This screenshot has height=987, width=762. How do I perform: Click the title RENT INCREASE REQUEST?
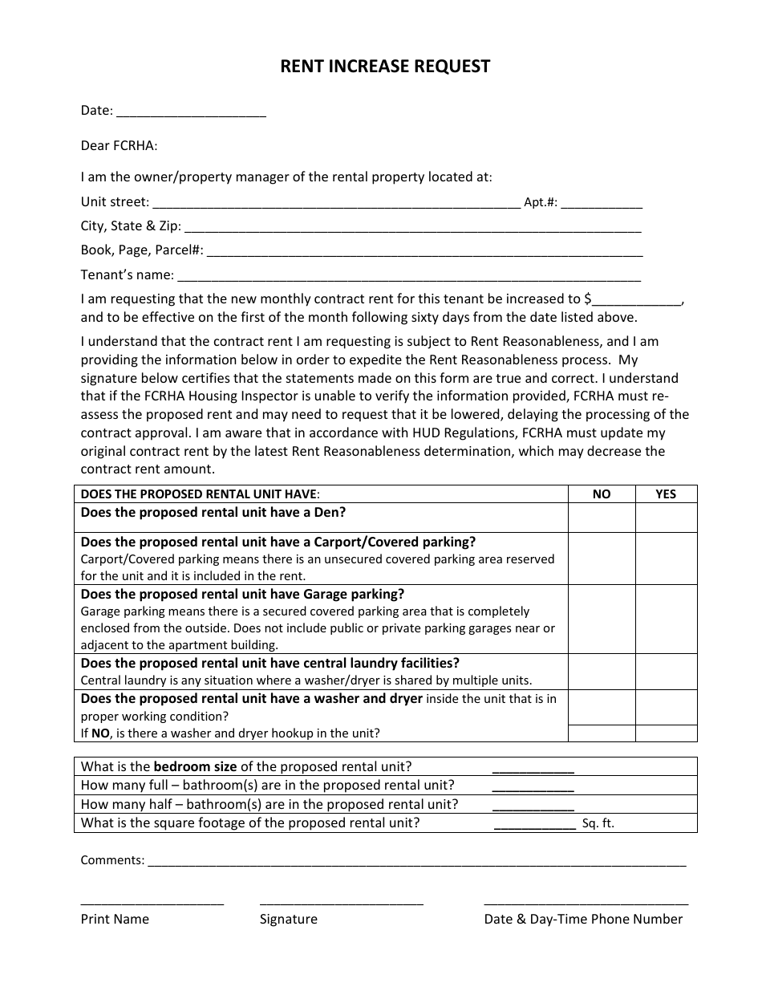point(385,67)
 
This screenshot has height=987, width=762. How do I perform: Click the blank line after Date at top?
point(191,112)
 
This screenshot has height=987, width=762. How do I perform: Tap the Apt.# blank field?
point(602,203)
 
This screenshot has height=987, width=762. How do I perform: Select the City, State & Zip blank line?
point(412,227)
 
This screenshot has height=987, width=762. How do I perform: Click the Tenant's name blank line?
point(408,276)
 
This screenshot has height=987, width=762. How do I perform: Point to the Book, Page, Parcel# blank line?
point(424,251)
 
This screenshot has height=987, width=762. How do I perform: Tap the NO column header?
point(602,494)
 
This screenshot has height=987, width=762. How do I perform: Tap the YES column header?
point(666,494)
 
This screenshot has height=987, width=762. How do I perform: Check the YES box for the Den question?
point(666,518)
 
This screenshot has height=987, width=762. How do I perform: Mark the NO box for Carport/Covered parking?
point(602,558)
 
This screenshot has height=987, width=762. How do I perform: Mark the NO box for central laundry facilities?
point(602,672)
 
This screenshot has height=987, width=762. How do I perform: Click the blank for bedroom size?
point(533,767)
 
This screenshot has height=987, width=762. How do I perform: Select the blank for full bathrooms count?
point(533,786)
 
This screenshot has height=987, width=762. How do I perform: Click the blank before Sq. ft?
point(535,823)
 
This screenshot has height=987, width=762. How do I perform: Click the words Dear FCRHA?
point(119,146)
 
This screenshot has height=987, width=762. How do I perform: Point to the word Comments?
point(112,860)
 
